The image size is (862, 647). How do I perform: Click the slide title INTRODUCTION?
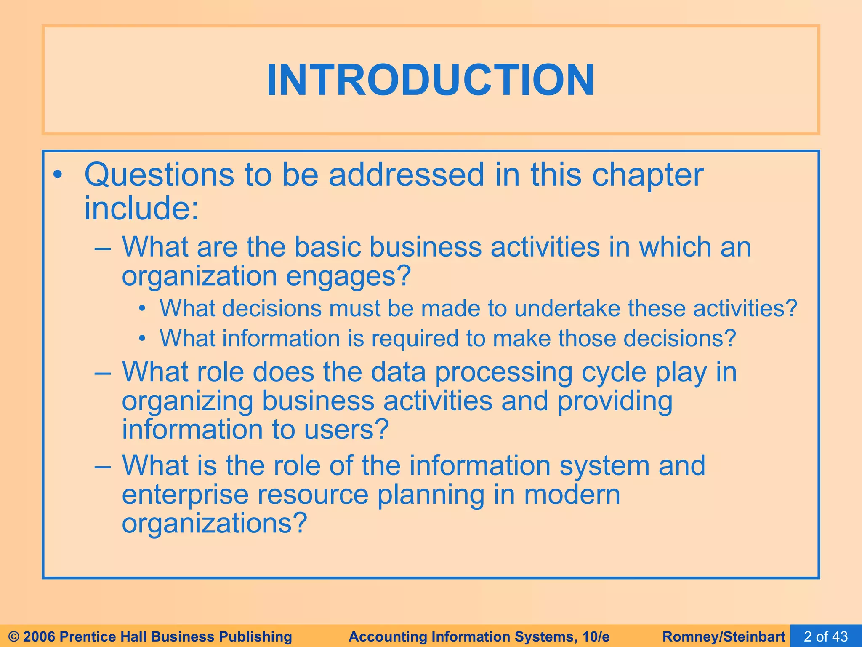pyautogui.click(x=431, y=80)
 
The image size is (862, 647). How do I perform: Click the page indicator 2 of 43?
pyautogui.click(x=826, y=636)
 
